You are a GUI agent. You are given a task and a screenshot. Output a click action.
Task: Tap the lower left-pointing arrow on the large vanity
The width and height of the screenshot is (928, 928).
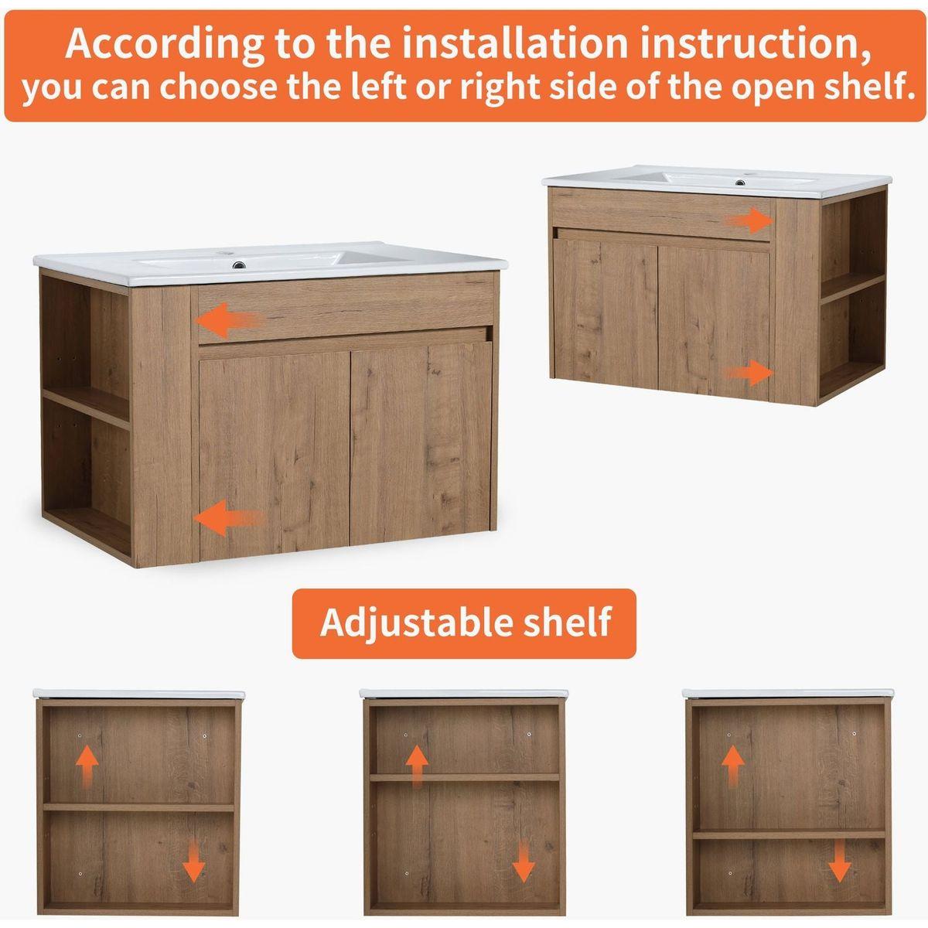pos(229,517)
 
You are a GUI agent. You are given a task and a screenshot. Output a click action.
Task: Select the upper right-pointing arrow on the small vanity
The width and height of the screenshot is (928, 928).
pos(749,221)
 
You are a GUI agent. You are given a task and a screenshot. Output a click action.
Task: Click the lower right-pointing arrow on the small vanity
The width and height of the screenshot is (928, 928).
pos(749,372)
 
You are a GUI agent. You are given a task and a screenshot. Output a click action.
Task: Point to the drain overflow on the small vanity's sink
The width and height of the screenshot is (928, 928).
pos(739,183)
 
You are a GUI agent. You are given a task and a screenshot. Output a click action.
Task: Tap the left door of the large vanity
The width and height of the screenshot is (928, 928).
pos(274,454)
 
